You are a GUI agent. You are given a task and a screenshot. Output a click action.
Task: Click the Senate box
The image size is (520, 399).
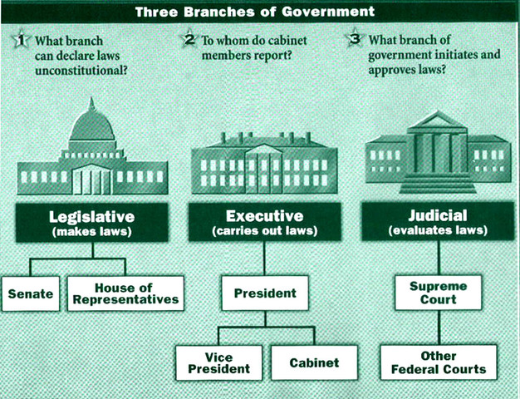click(x=31, y=294)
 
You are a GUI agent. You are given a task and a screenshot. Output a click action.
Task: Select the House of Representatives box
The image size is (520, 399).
click(x=125, y=293)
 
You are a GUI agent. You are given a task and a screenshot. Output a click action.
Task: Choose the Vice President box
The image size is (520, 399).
click(x=218, y=363)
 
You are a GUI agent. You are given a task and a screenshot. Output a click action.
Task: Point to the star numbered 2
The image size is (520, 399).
click(x=189, y=39)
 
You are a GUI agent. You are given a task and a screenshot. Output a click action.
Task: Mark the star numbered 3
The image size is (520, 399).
click(x=357, y=39)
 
